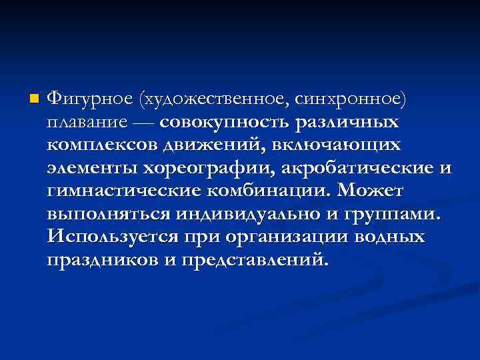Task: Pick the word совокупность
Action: point(223,123)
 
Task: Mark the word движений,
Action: point(211,146)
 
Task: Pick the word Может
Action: point(370,192)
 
